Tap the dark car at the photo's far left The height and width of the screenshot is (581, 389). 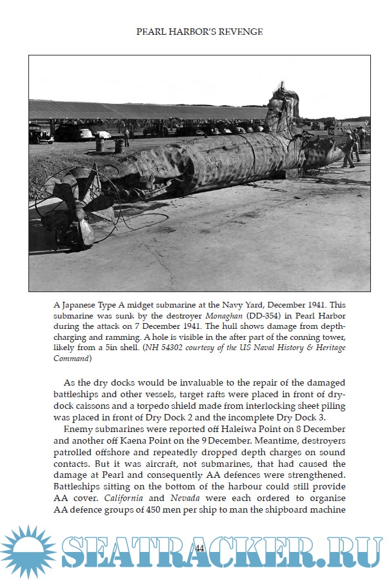click(x=40, y=135)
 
